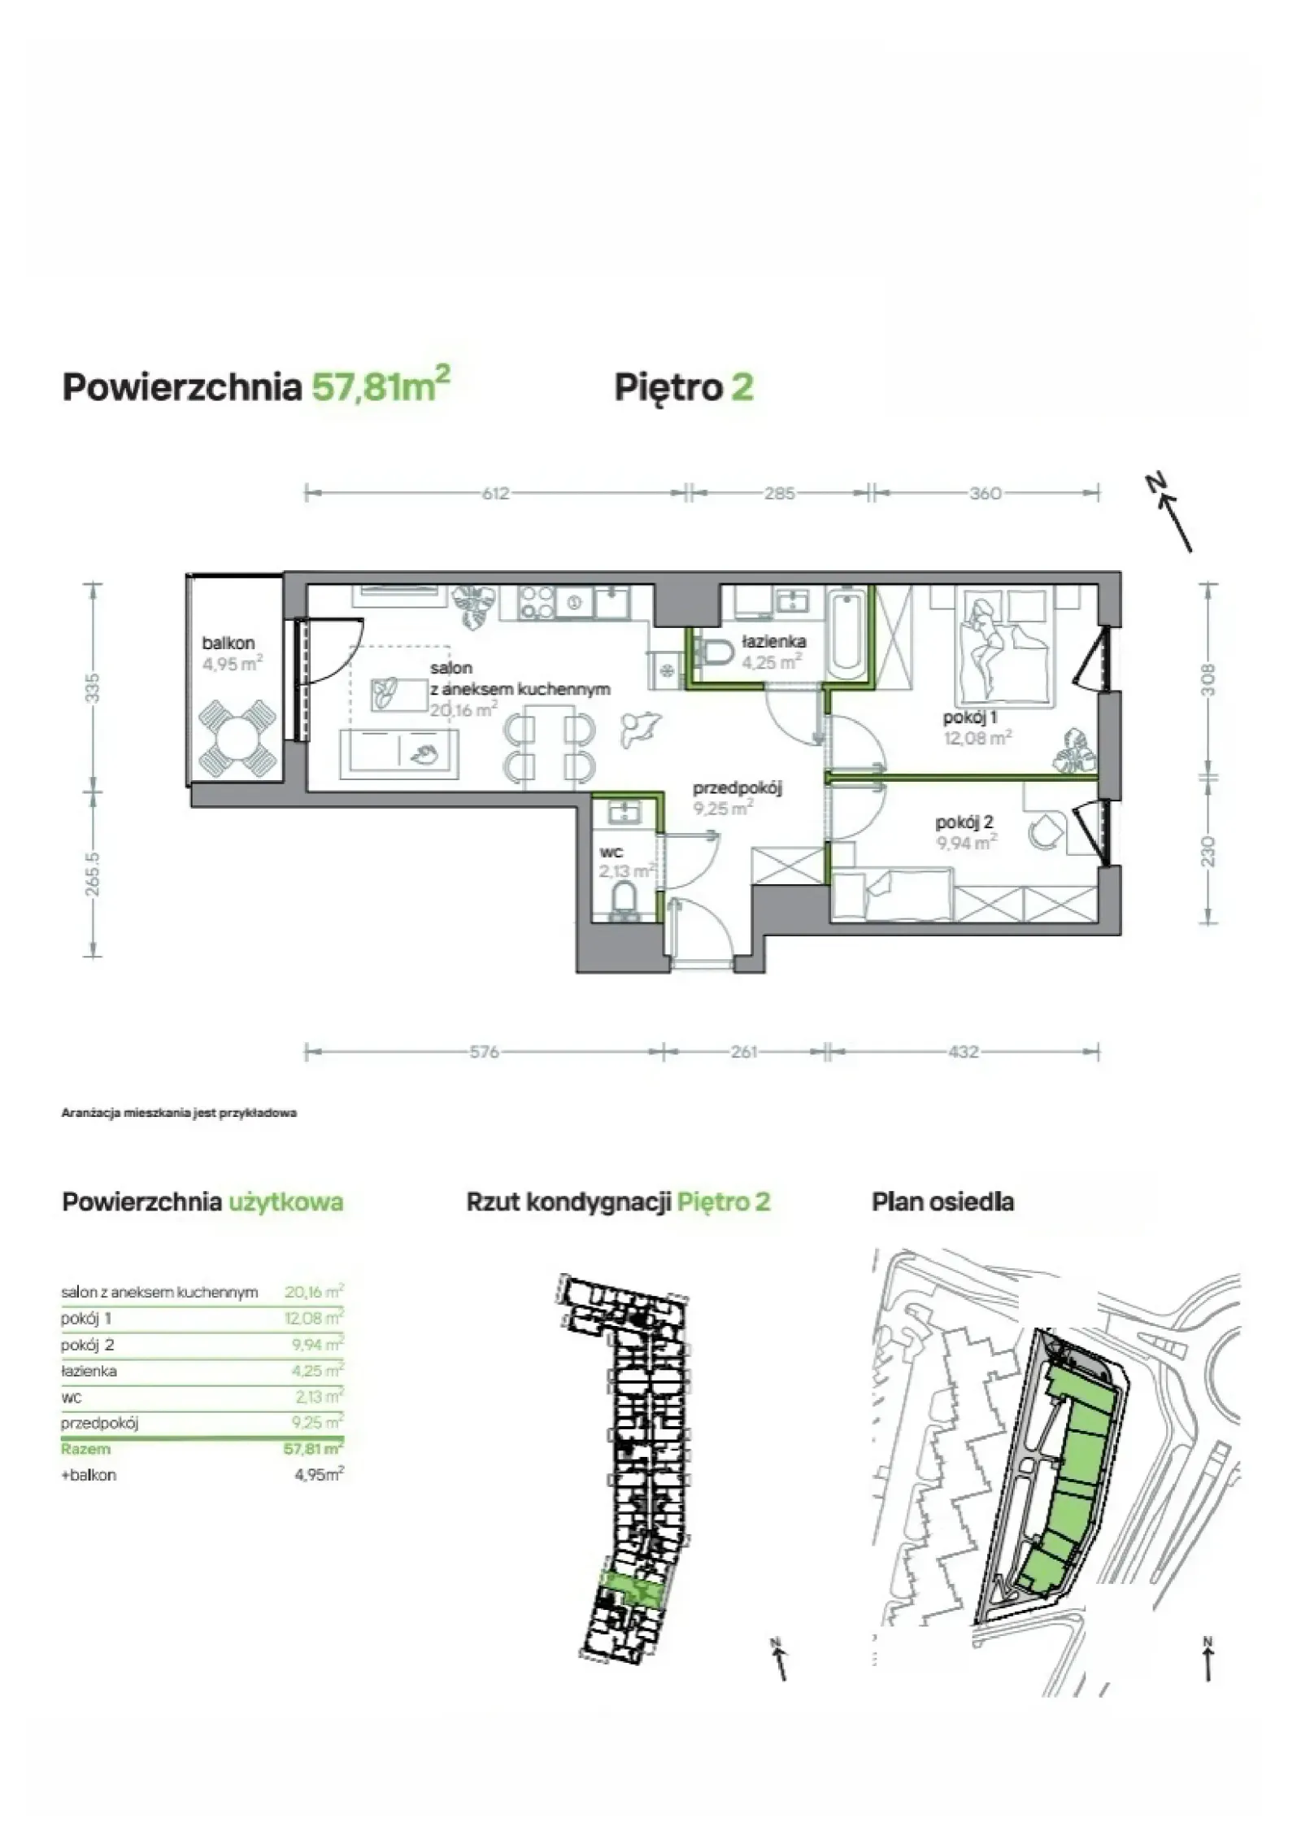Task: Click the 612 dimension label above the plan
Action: [x=495, y=493]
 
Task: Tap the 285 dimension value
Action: [x=779, y=493]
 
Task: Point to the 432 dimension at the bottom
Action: [x=963, y=1052]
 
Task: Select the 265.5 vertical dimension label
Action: [x=94, y=874]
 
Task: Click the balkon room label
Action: [x=228, y=643]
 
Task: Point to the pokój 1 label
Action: [x=970, y=717]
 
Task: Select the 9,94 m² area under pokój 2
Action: [x=967, y=843]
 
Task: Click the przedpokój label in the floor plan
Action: [x=737, y=787]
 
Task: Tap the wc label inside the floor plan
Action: [x=611, y=853]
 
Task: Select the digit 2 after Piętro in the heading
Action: [x=742, y=386]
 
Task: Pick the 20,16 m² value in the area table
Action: [x=314, y=1292]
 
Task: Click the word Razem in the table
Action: [x=85, y=1449]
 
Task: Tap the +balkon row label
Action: [x=89, y=1475]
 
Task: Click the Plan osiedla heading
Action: [x=942, y=1202]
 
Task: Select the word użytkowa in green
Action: [x=285, y=1203]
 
